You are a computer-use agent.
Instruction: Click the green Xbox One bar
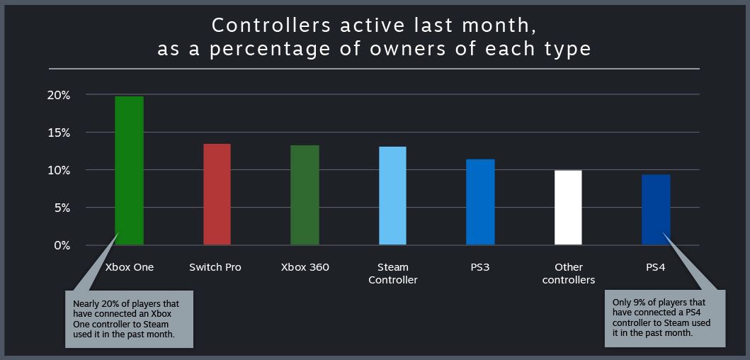point(129,171)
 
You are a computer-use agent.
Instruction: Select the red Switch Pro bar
point(217,195)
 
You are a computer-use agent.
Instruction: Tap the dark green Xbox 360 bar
point(305,196)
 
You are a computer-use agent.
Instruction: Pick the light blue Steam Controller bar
point(392,196)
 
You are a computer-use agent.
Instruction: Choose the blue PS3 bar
point(480,203)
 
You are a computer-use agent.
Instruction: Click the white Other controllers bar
point(568,208)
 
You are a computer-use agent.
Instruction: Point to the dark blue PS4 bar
point(656,210)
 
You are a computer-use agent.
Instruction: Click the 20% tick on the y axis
point(58,95)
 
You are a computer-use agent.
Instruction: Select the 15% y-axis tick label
point(58,133)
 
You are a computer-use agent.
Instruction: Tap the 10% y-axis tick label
point(58,170)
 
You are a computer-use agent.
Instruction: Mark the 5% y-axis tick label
point(62,208)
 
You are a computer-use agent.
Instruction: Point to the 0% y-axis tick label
point(62,245)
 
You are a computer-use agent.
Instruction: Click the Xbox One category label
point(130,267)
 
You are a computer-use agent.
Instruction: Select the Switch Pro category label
point(215,267)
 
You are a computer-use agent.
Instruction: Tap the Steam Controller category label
point(392,274)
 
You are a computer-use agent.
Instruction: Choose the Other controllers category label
point(568,274)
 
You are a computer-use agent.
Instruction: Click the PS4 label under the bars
point(656,267)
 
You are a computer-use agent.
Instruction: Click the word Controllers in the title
point(271,26)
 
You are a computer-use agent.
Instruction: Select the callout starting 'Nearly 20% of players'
point(129,319)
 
